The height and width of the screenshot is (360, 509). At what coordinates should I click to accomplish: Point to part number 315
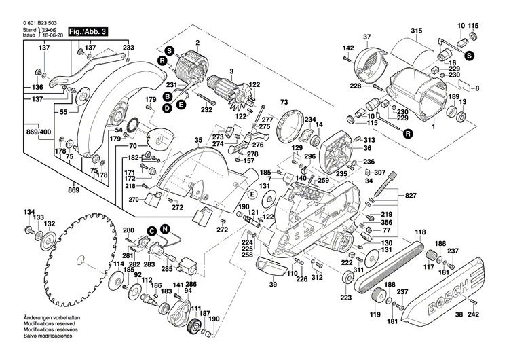[416, 29]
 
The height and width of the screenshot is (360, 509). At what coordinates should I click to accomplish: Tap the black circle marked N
[164, 230]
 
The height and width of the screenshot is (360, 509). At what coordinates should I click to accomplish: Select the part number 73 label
[284, 102]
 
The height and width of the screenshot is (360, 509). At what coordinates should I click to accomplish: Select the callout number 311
[358, 272]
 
